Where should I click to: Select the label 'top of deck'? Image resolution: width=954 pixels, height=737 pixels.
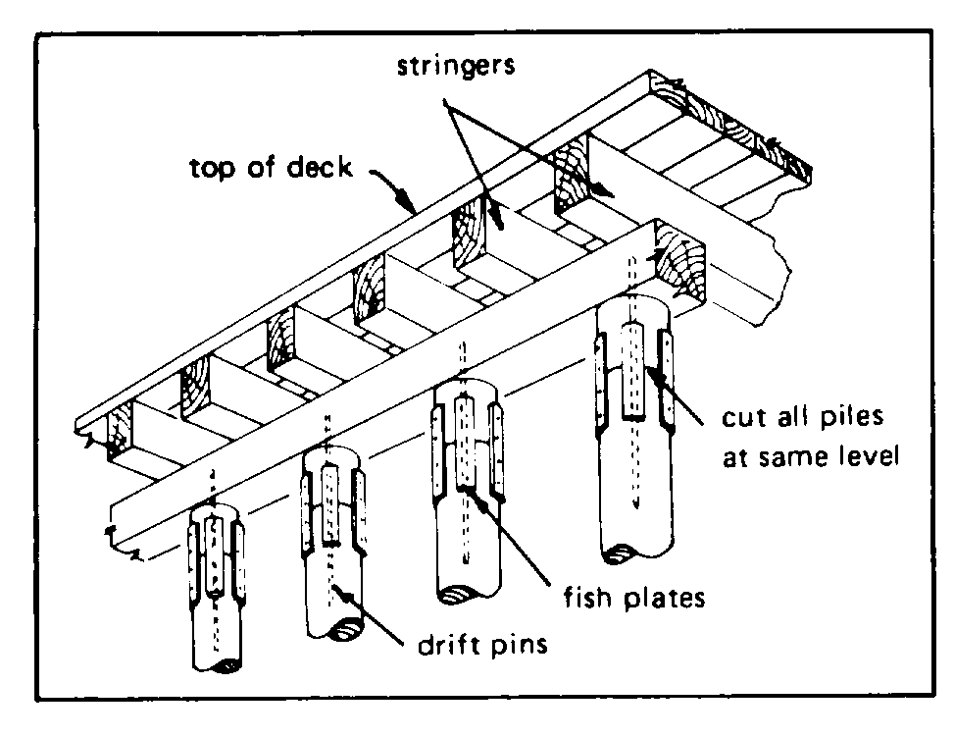(270, 167)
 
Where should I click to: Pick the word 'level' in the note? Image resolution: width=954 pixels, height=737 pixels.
(864, 456)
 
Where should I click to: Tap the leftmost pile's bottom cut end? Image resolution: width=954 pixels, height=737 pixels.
(218, 666)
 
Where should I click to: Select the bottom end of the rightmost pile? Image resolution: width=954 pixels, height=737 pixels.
(637, 558)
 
